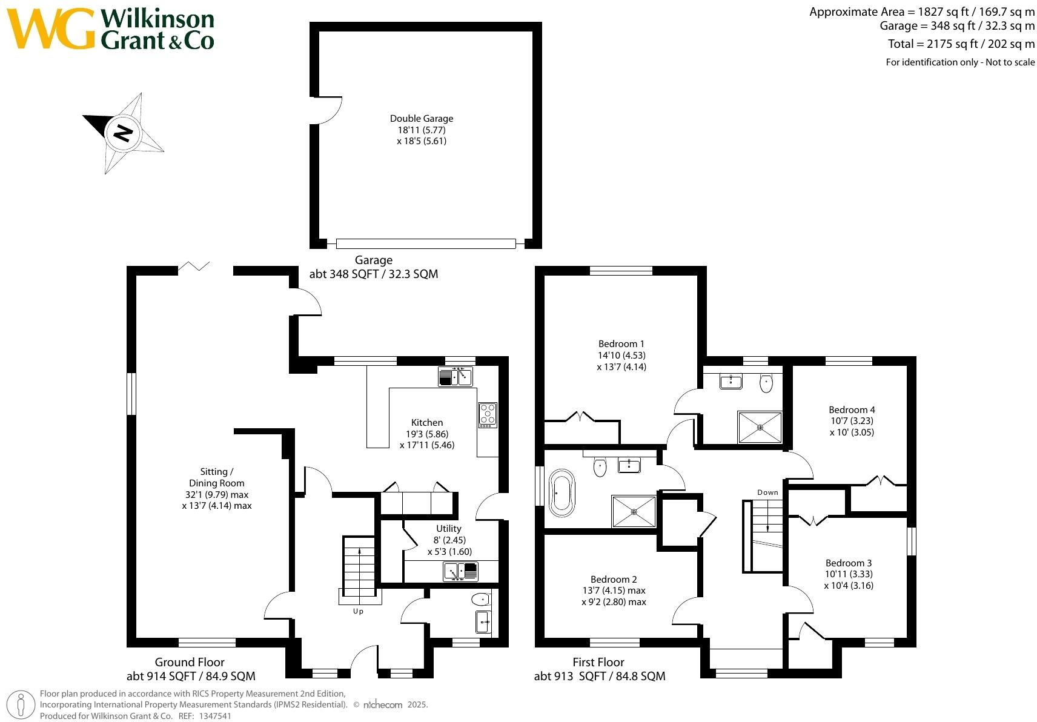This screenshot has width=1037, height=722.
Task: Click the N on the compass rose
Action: pyautogui.click(x=124, y=132)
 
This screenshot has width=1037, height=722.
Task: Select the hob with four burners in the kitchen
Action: pyautogui.click(x=488, y=414)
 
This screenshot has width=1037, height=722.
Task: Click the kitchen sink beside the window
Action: pyautogui.click(x=456, y=377)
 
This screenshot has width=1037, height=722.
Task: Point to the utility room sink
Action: pyautogui.click(x=461, y=571)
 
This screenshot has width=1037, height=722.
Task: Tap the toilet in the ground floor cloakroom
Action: pyautogui.click(x=480, y=600)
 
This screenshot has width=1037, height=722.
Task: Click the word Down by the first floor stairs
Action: pyautogui.click(x=767, y=492)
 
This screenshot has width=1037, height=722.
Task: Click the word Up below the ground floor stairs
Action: pyautogui.click(x=358, y=611)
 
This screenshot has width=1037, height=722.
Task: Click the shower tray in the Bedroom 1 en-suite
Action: pyautogui.click(x=760, y=427)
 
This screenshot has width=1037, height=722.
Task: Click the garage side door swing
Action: pyautogui.click(x=328, y=110)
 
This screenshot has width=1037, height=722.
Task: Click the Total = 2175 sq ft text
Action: pyautogui.click(x=961, y=44)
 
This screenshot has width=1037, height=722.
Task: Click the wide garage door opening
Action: pyautogui.click(x=426, y=243)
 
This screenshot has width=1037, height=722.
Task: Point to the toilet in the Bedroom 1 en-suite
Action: pyautogui.click(x=766, y=383)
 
